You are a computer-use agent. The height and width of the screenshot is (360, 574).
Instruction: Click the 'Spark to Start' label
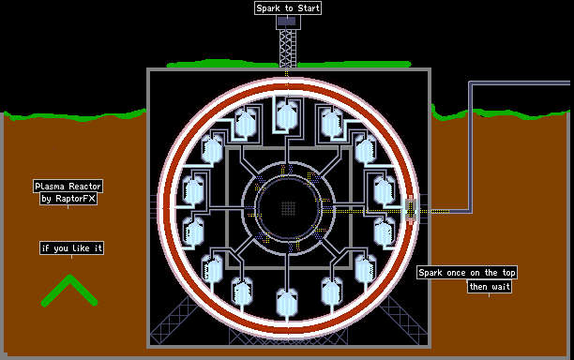(x=288, y=8)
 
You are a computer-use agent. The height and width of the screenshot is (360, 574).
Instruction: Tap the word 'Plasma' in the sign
(x=50, y=187)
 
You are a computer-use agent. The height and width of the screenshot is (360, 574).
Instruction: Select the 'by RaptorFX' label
(x=68, y=199)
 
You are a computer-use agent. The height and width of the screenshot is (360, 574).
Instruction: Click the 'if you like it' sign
(x=71, y=248)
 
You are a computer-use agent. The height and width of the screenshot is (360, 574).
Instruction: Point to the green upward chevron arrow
(x=69, y=290)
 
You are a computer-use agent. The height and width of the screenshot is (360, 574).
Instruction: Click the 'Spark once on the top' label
(x=467, y=273)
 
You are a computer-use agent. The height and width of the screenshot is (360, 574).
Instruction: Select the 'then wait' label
(x=490, y=287)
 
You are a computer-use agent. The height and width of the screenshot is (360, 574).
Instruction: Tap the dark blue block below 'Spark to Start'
(x=287, y=22)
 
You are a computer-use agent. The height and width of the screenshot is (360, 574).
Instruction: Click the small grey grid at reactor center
(x=289, y=208)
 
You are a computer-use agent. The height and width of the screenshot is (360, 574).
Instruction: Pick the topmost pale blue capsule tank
(x=287, y=115)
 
